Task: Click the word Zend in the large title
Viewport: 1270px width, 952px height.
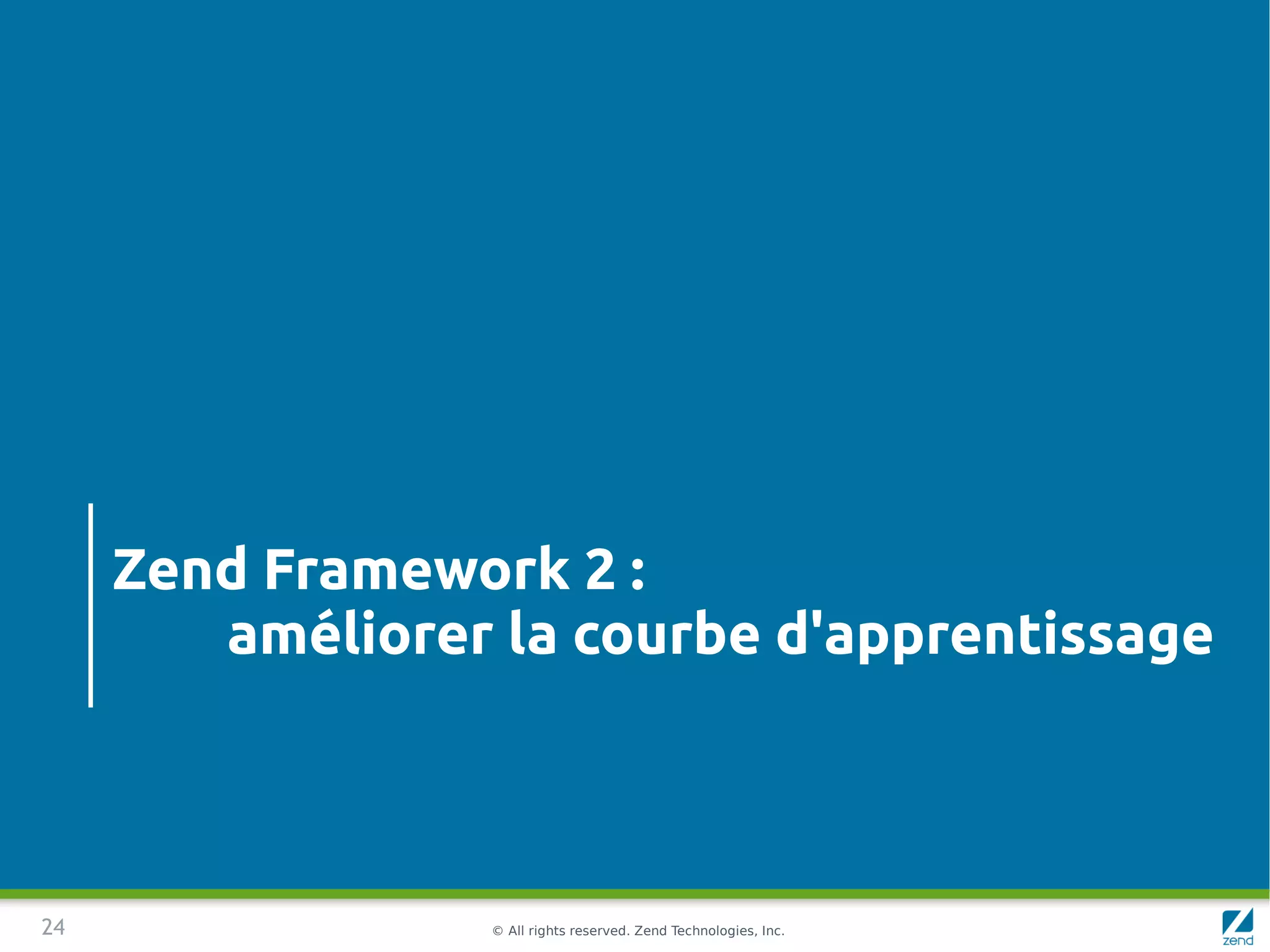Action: pos(180,569)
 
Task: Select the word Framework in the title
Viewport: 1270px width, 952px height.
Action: pos(416,569)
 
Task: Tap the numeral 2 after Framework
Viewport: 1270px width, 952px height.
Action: pos(600,569)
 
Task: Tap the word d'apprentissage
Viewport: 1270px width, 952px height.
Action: pos(994,636)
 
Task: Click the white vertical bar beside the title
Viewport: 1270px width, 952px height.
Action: pos(91,605)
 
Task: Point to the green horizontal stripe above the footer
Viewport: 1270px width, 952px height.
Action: pos(635,894)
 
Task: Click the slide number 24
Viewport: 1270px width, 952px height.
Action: pos(53,927)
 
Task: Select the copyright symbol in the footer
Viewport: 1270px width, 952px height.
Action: pos(497,931)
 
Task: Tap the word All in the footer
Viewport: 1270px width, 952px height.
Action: pos(516,931)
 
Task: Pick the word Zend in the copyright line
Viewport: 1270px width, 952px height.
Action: pos(651,931)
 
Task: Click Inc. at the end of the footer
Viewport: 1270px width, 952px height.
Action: pos(773,931)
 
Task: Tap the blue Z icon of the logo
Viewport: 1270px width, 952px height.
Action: pos(1237,921)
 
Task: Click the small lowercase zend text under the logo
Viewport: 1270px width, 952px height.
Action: pos(1238,941)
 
